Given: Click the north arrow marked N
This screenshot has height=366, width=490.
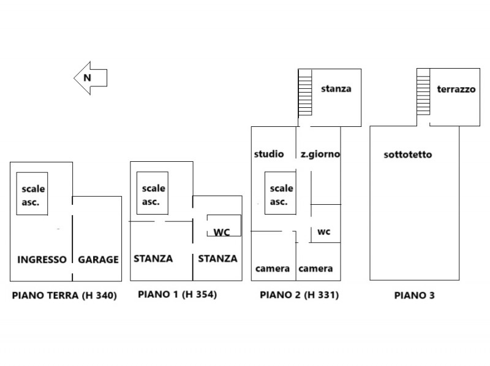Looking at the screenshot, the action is [x=91, y=78].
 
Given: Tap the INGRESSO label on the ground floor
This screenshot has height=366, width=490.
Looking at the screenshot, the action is [x=42, y=259].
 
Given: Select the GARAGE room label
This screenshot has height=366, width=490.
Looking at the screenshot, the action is [x=98, y=259].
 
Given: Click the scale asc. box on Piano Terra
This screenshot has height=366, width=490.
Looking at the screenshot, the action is [x=32, y=194].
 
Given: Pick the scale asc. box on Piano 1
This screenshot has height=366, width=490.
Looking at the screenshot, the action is [x=153, y=193].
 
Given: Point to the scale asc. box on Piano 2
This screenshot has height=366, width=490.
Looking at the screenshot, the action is [x=281, y=193].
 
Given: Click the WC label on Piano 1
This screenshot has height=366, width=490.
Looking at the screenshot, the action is [x=222, y=232].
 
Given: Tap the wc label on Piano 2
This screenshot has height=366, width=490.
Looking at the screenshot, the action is [x=324, y=232].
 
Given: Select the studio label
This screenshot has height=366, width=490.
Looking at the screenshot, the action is [x=269, y=154].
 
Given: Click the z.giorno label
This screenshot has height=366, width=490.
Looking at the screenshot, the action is [x=320, y=154].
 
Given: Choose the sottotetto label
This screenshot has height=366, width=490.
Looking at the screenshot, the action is [x=408, y=154].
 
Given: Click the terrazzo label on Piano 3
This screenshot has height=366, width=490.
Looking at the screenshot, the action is [x=456, y=89].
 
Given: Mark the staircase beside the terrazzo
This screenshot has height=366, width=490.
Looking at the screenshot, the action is [x=423, y=92].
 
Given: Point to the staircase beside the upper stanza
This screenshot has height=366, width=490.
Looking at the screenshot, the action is [x=305, y=93].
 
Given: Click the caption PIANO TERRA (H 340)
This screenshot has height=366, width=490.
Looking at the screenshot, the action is [x=64, y=295].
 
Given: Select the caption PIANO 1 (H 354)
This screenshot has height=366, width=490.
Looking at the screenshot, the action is [x=177, y=294].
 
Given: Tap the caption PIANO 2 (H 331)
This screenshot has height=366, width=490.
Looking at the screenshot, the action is [x=300, y=295].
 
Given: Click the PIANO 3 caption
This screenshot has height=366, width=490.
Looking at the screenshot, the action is [x=415, y=295].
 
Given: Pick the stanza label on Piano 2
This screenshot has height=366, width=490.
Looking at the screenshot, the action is [x=336, y=89].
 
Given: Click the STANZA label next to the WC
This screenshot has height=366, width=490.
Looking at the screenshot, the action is [x=217, y=258].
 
